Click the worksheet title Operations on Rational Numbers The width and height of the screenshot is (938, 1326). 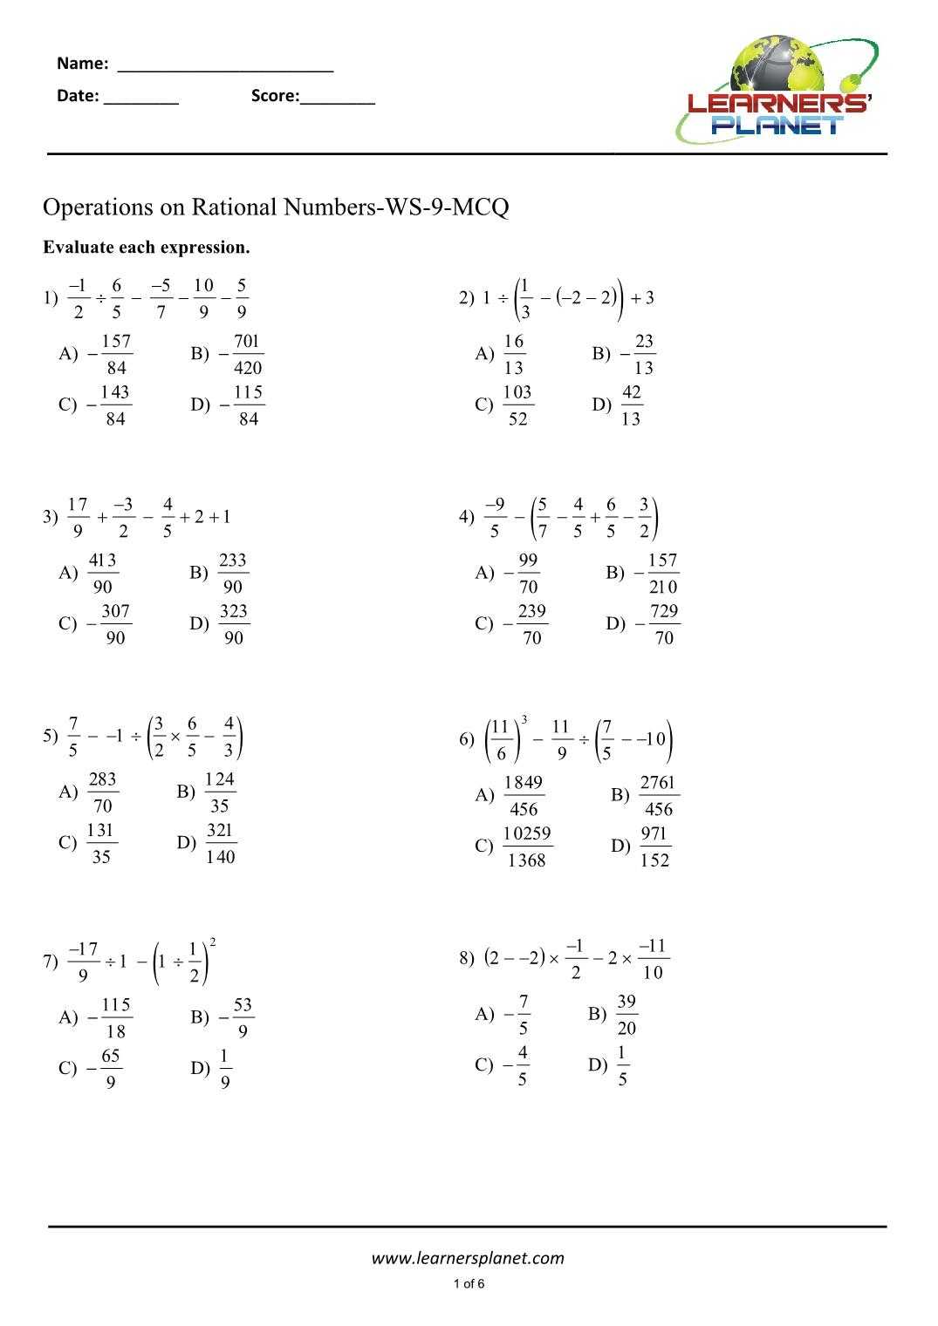click(x=276, y=207)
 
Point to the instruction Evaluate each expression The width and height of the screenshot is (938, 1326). click(x=147, y=248)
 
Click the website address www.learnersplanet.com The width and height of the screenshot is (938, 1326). click(x=468, y=1258)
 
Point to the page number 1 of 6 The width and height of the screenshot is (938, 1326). click(x=469, y=1283)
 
